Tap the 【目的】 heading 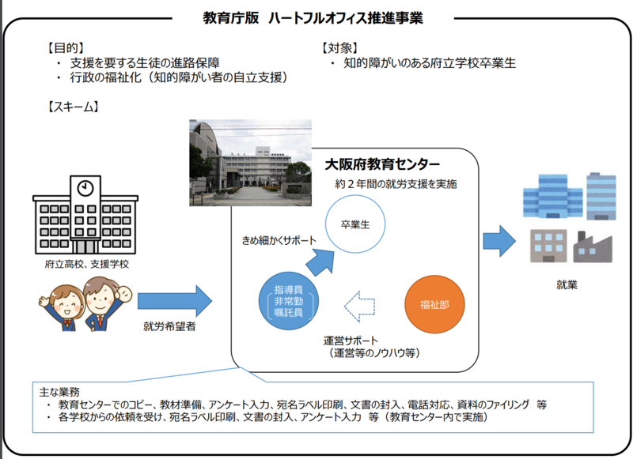65,47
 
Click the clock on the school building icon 85,188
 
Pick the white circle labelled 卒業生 360,224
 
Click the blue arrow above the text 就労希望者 175,301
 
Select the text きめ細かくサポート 279,239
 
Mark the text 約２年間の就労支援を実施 395,185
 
